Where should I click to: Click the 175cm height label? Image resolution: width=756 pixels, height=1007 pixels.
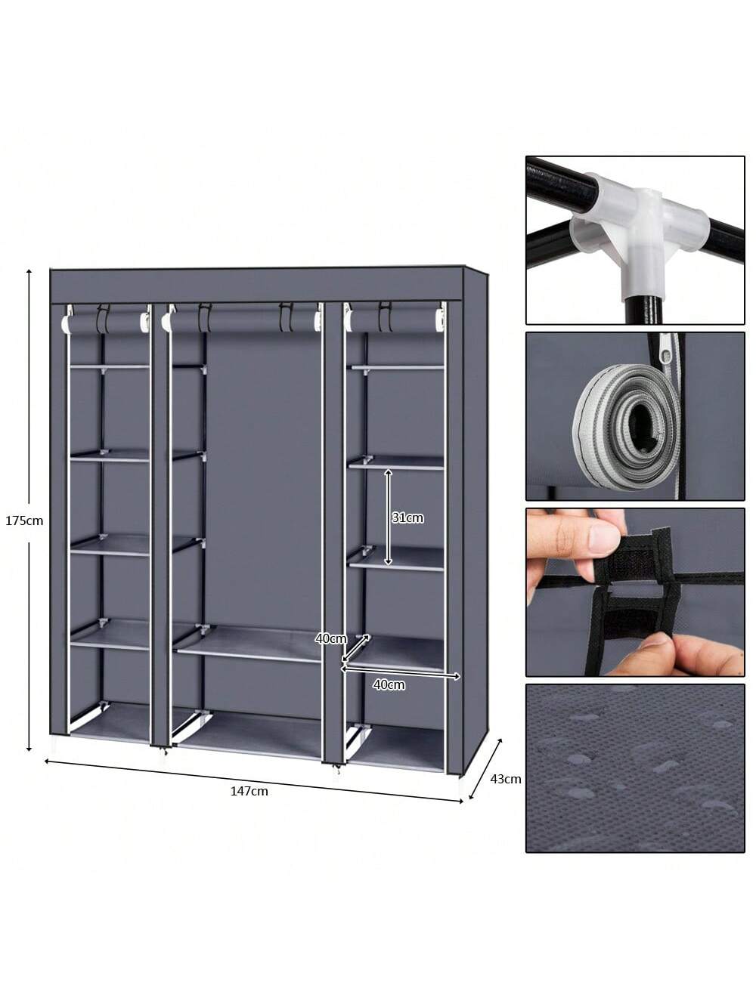pos(24,520)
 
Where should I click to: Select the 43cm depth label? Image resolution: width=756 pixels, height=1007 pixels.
pos(505,779)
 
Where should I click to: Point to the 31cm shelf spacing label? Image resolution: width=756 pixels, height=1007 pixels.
pos(407,518)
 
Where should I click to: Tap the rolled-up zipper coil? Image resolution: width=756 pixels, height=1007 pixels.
pos(627,427)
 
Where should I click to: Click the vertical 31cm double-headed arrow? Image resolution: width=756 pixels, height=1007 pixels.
pos(389,517)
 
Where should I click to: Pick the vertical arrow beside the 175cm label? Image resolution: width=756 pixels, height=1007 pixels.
pos(29,510)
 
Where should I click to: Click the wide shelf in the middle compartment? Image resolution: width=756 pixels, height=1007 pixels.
pos(250,644)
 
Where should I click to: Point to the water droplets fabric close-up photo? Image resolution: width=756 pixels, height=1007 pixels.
pos(635,768)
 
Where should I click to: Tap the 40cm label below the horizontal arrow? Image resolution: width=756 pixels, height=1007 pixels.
pos(389,685)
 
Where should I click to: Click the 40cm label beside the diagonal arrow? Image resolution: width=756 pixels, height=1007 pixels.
pos(330,638)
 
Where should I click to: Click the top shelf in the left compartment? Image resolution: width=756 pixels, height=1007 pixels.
pos(110,367)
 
